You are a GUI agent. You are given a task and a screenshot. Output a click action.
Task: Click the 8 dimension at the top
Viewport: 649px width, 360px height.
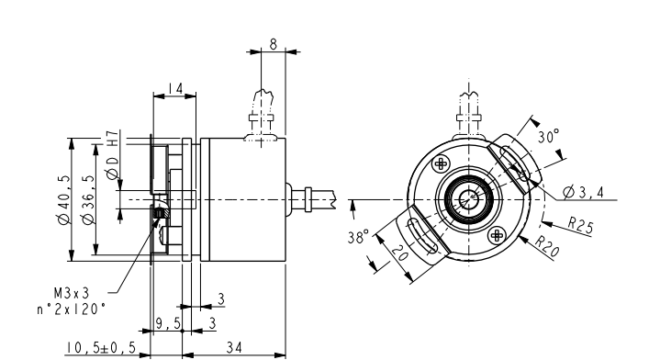274,44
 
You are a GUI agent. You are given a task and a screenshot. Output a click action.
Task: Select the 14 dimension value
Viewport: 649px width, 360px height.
175,88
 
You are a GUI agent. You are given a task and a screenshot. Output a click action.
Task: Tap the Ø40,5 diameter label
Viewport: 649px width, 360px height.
64,200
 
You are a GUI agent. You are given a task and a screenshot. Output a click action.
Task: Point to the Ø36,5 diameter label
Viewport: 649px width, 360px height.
88,200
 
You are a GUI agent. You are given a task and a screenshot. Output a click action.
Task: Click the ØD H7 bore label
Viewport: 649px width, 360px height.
113,155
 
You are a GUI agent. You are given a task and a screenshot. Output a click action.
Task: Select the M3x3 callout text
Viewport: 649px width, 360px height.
72,293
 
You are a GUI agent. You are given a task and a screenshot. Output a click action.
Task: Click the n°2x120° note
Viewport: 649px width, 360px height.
72,309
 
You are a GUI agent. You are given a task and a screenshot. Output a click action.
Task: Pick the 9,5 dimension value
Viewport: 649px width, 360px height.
169,322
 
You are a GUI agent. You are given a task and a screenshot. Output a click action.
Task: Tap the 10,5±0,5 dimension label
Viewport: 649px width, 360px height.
101,347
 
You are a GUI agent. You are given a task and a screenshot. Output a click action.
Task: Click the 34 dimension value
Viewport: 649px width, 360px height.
234,347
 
